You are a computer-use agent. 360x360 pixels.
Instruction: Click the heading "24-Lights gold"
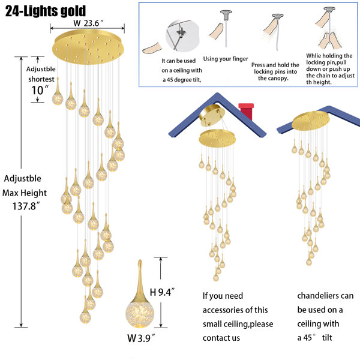[46, 11]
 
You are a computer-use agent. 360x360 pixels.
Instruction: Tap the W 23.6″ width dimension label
[88, 23]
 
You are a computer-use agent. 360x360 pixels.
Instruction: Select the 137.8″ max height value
[26, 206]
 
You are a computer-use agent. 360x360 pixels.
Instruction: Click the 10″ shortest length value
[40, 90]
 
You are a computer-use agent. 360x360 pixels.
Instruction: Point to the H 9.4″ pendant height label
[162, 292]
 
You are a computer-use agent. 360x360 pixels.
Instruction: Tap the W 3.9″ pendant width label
[141, 338]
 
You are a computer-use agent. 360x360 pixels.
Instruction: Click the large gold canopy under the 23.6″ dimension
[88, 47]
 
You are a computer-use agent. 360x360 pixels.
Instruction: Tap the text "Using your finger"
[226, 59]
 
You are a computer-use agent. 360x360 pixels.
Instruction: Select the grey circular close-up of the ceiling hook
[182, 36]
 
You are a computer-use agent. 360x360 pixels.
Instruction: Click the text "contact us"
[221, 338]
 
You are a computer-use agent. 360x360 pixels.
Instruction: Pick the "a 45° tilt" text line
[314, 338]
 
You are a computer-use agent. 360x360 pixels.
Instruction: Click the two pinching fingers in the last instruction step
[330, 41]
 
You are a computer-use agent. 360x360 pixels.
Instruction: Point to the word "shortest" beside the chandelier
[41, 79]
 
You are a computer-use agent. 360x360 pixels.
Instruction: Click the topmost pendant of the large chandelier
[58, 92]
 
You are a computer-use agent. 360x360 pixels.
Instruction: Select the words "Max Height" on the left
[25, 193]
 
